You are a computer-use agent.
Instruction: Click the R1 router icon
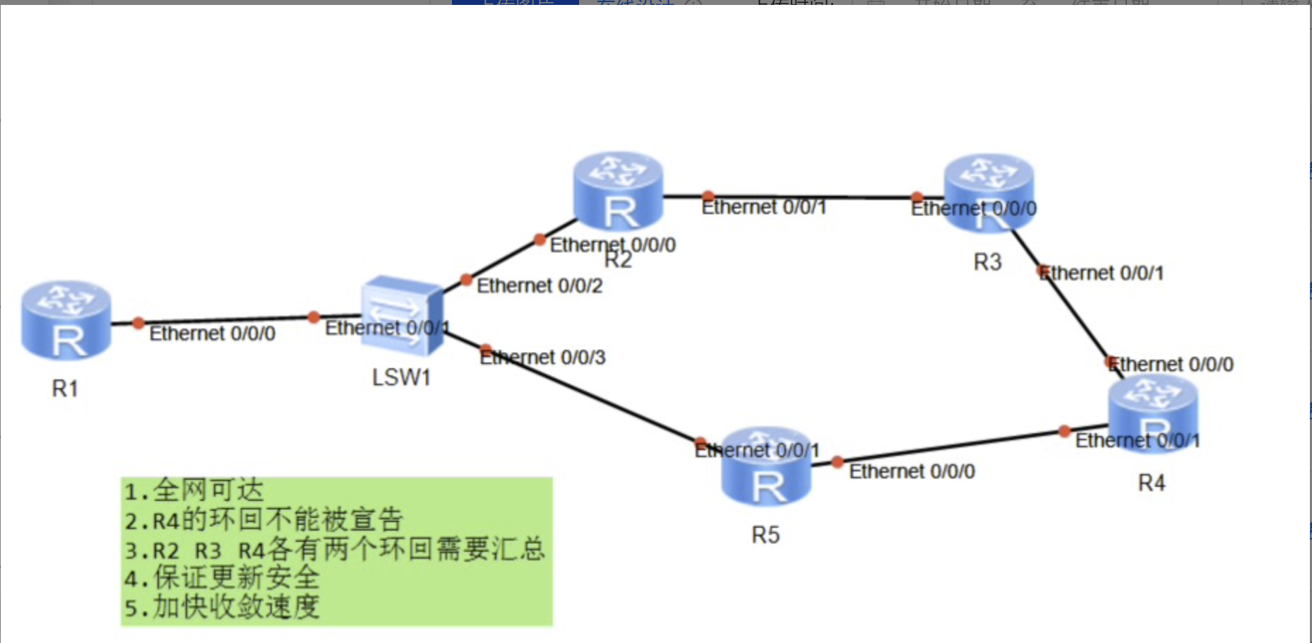pos(66,321)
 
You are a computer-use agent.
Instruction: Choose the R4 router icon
pos(1152,414)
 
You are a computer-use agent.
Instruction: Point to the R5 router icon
pos(766,466)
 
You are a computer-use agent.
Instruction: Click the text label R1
pos(65,388)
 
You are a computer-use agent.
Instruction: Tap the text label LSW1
pos(401,377)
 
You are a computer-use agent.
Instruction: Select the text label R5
pos(765,535)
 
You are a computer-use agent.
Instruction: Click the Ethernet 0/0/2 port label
pos(539,286)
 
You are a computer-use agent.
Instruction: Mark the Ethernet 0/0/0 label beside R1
pos(212,334)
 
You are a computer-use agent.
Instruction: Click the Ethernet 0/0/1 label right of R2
pos(763,207)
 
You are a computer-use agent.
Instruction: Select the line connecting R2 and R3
pos(812,196)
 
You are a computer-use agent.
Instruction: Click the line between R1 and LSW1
pos(226,319)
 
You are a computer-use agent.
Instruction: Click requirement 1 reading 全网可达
pos(193,490)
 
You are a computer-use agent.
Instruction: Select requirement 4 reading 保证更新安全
pos(222,577)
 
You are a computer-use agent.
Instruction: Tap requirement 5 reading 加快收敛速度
pos(222,606)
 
